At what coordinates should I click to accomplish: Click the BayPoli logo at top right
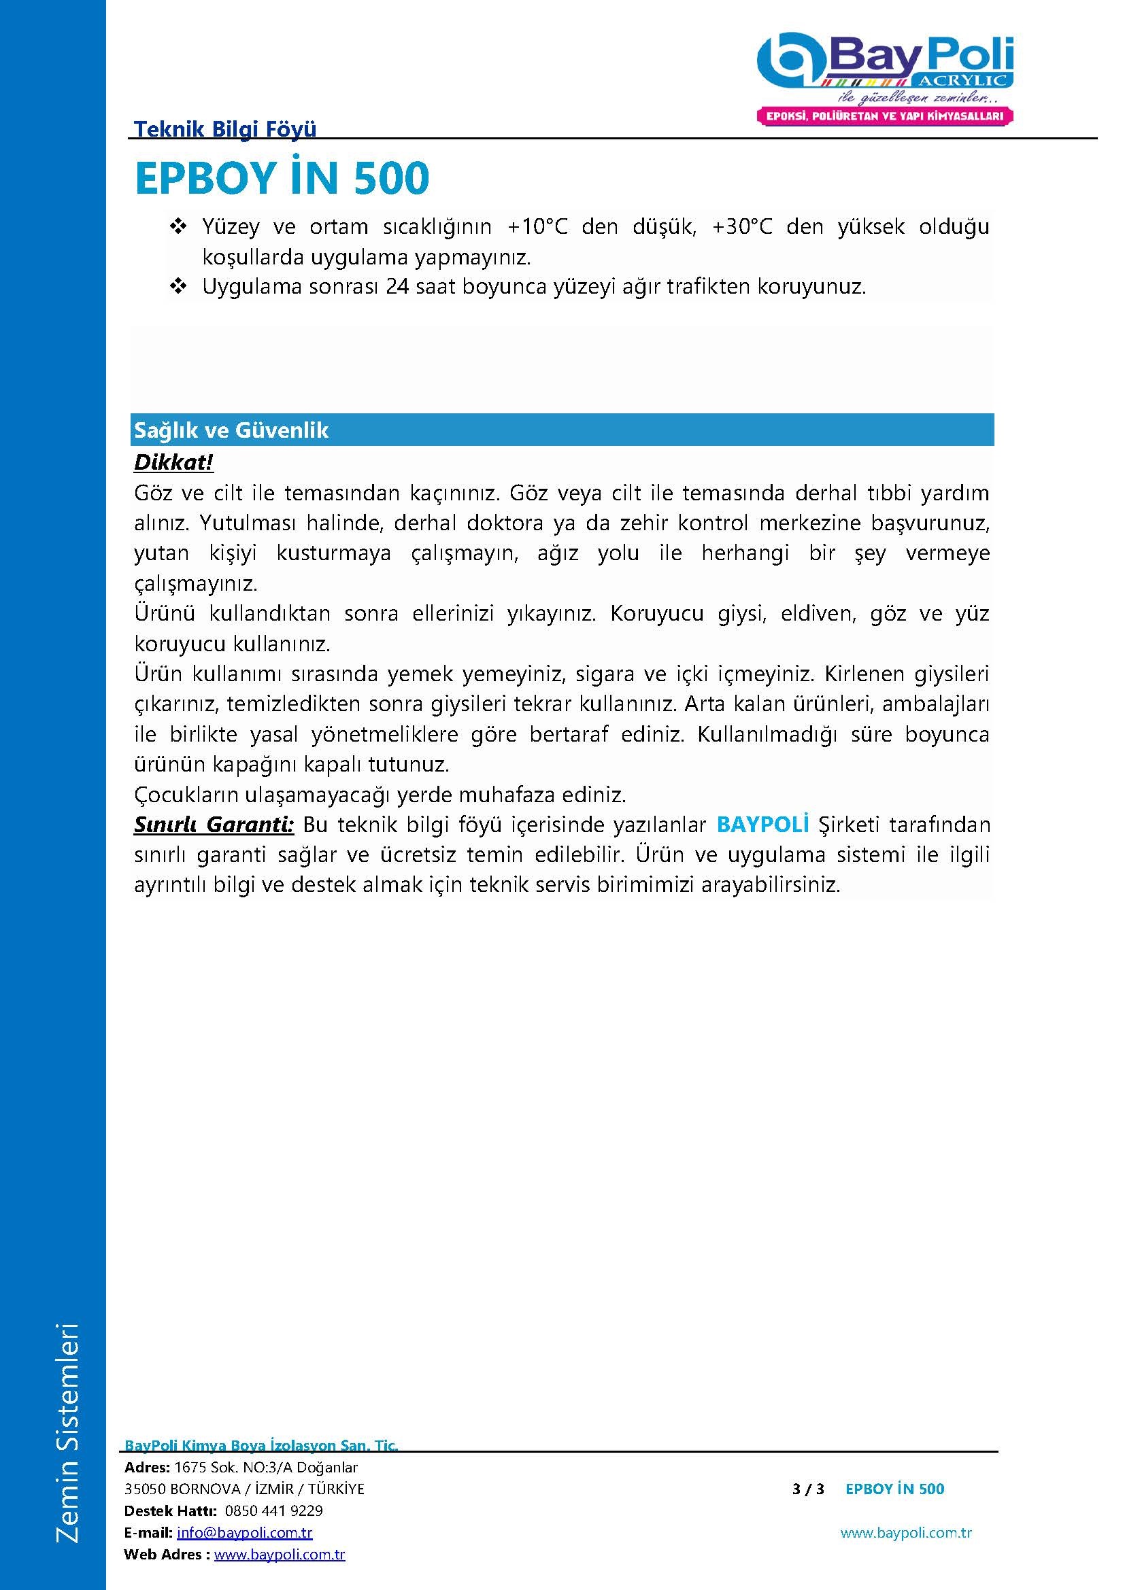click(885, 63)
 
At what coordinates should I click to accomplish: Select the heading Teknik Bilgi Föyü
click(225, 128)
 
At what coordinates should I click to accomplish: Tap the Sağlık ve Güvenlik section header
click(231, 430)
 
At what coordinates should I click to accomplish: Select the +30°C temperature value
click(742, 227)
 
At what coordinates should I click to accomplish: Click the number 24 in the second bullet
click(398, 287)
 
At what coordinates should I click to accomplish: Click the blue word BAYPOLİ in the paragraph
click(762, 825)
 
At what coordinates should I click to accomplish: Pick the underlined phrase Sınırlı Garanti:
click(214, 825)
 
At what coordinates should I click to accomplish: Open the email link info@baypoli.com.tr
click(245, 1533)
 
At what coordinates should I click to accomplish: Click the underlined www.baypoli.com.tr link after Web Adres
click(279, 1555)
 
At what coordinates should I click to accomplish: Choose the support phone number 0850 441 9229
click(273, 1510)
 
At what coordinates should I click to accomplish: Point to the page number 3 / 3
click(808, 1489)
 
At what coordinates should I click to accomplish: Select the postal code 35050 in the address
click(144, 1489)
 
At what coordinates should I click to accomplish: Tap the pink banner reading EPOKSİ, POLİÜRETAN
click(885, 116)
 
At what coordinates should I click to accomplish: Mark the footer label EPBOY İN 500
click(894, 1489)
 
